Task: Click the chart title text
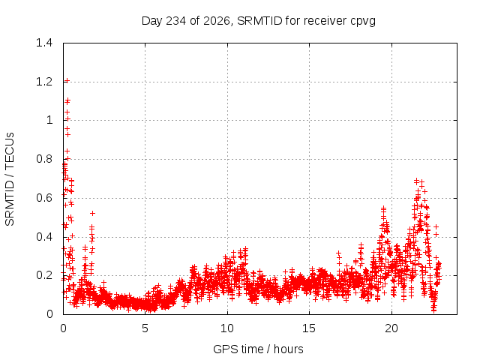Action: pos(258,21)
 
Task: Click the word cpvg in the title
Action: pos(363,22)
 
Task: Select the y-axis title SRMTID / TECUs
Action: pos(10,179)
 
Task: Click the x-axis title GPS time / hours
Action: pos(258,349)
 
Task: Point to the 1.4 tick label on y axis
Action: pos(44,43)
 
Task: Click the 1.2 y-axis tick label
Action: pos(44,82)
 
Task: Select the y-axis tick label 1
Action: pos(49,120)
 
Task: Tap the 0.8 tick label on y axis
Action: pos(44,159)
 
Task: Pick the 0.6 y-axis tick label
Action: pos(44,198)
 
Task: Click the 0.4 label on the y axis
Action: pos(44,237)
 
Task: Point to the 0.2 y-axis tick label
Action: pos(44,275)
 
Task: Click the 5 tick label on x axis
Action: pos(145,328)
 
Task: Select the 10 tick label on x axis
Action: pos(227,328)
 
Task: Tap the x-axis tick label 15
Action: pos(309,328)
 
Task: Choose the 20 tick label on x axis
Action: pos(391,328)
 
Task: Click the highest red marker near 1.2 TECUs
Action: pos(67,81)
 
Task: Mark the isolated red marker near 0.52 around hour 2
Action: pos(92,213)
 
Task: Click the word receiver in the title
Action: pos(325,21)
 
